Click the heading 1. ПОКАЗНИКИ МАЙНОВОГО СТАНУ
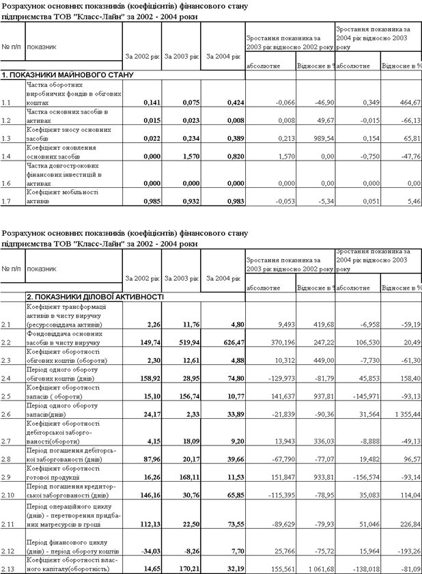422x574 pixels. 67,74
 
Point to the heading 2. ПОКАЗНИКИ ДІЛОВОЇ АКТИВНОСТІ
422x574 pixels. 95,297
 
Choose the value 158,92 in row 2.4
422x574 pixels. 145,379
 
